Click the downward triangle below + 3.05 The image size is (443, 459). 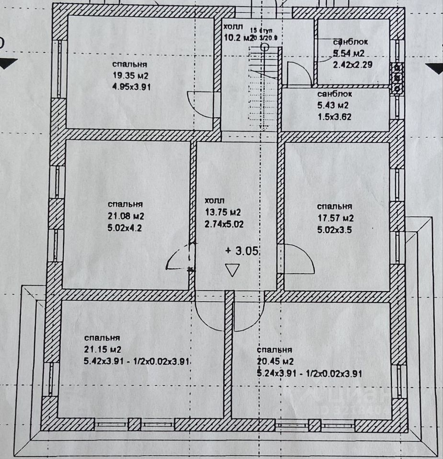pyautogui.click(x=233, y=270)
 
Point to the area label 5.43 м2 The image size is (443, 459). pyautogui.click(x=333, y=105)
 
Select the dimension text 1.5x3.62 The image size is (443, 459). pyautogui.click(x=335, y=116)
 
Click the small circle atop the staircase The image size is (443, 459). pyautogui.click(x=265, y=46)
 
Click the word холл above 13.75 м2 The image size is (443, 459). pyautogui.click(x=214, y=201)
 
